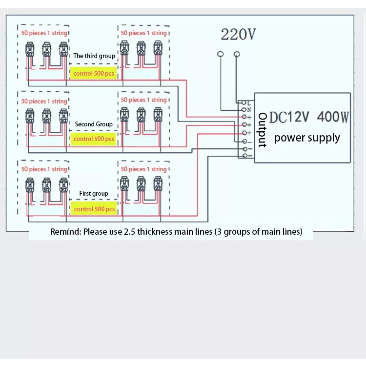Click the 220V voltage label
pos(238,34)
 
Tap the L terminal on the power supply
pos(244,102)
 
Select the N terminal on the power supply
pos(244,110)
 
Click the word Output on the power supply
pos(263,130)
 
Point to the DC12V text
pos(289,117)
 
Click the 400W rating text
pos(333,117)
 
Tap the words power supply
pos(307,138)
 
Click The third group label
pos(94,56)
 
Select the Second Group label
pos(94,124)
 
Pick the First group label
pos(94,194)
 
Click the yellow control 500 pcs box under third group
pos(94,73)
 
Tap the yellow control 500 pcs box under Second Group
pos(94,139)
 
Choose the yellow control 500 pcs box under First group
pos(94,209)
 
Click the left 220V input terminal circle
pos(221,54)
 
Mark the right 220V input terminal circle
pos(237,54)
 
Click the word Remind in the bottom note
pos(65,231)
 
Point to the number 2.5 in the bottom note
pos(129,232)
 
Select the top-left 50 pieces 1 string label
pos(44,33)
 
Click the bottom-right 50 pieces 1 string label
pos(143,169)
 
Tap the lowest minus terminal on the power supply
pos(244,156)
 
